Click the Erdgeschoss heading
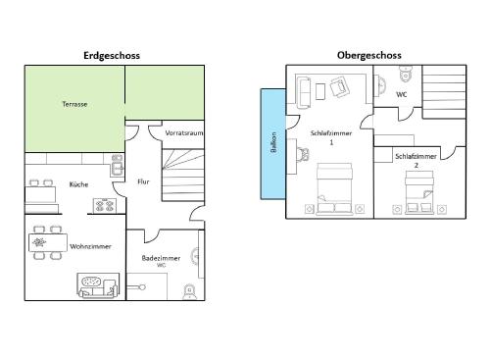pos(112,56)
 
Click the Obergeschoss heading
pos(369,55)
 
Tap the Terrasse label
pos(74,104)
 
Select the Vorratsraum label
pos(184,133)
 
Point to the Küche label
pos(78,184)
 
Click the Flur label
pos(143,181)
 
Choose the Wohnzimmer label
pos(90,246)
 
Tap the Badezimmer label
pos(161,258)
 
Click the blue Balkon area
pos(273,144)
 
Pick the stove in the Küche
pos(105,206)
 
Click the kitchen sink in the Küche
pos(117,166)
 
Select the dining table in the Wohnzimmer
pos(48,242)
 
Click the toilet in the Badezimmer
pos(189,291)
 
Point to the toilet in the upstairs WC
pos(406,74)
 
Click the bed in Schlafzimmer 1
pos(335,189)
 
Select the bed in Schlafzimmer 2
pos(419,192)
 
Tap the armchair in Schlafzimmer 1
pos(340,86)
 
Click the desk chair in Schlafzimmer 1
pos(303,154)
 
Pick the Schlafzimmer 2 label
pos(416,161)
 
